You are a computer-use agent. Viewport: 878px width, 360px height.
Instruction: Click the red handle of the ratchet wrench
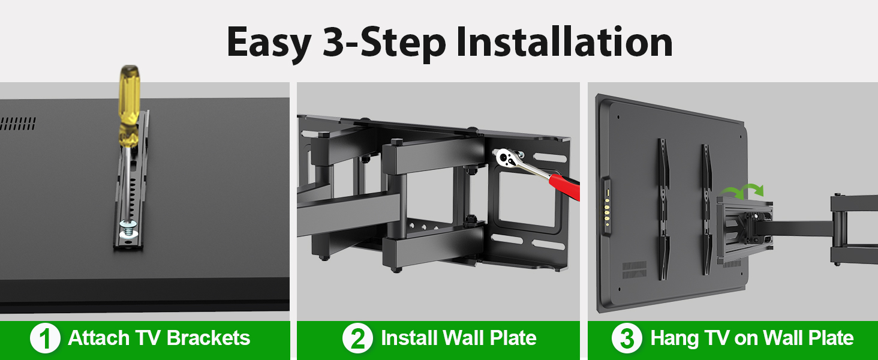click(565, 187)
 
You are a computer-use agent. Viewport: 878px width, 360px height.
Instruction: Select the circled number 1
click(45, 339)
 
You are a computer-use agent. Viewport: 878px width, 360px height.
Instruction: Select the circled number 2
click(357, 339)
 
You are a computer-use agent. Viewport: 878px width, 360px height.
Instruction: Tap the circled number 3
click(627, 339)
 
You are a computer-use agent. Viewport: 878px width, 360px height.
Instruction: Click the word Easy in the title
click(268, 43)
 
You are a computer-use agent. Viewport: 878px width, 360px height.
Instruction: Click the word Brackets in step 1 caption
click(209, 338)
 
